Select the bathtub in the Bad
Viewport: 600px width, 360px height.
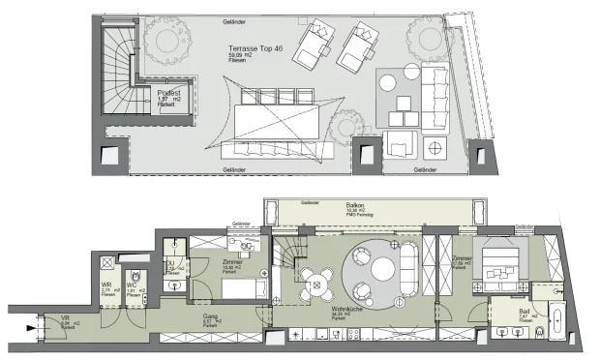(558, 318)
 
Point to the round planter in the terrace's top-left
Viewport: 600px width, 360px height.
(165, 35)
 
